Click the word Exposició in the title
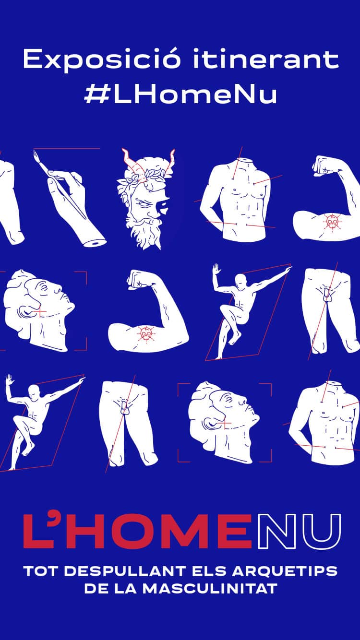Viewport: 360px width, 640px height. tap(102, 59)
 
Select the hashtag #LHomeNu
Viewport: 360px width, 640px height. tap(180, 94)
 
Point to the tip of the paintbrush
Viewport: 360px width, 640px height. tap(34, 151)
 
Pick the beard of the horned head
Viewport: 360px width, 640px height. tap(144, 231)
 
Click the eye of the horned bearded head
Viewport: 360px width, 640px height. tap(143, 204)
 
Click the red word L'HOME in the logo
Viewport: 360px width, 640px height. tap(138, 532)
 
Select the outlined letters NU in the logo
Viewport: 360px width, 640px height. tap(299, 532)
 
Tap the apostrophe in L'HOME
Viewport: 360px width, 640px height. tap(56, 519)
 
